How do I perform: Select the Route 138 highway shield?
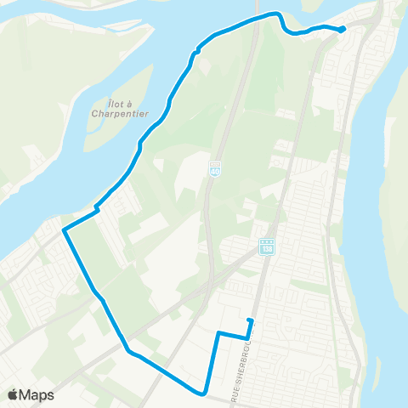point(266,246)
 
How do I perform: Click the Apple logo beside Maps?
point(14,394)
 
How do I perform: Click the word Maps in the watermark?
point(38,394)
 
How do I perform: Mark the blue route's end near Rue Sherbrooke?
point(249,320)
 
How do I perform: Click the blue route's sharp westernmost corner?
point(64,229)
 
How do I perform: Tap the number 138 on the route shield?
point(266,247)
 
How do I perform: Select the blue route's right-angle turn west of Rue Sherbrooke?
point(218,332)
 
